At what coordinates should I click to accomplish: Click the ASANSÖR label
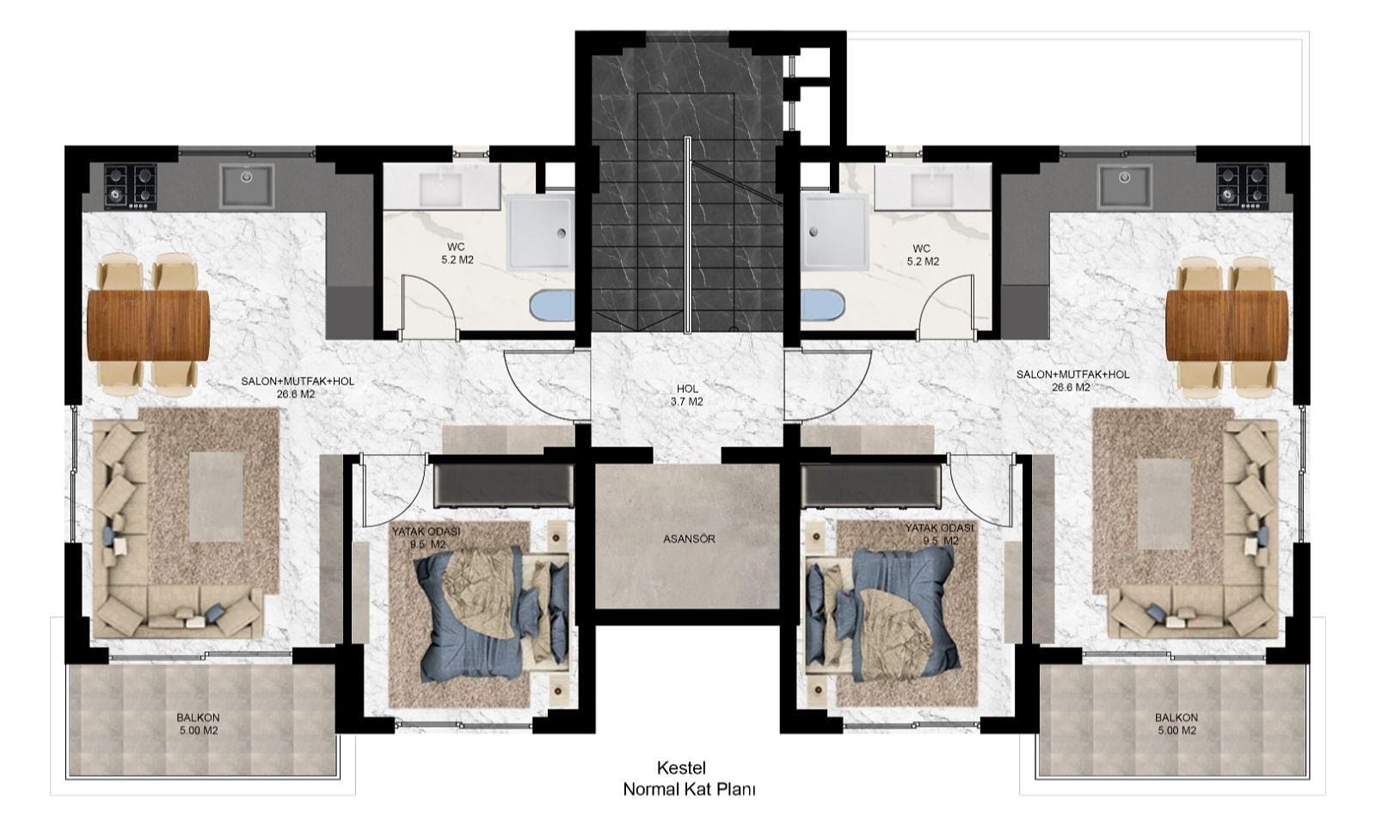pos(689,539)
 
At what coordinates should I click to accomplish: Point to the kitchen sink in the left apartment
pos(246,185)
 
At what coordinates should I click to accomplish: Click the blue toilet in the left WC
pos(551,305)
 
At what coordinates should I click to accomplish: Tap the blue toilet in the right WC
pos(822,305)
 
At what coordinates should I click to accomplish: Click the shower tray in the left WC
pos(540,231)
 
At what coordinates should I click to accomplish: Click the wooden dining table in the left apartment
pos(148,325)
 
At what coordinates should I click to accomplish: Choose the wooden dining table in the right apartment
pos(1226,325)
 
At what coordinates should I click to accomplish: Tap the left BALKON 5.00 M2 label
pos(198,723)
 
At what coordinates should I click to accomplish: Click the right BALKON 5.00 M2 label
pos(1176,723)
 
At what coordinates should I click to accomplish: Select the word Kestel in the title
pos(681,768)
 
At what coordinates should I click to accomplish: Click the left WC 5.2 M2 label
pos(457,254)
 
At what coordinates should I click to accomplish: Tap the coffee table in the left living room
pos(216,497)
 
